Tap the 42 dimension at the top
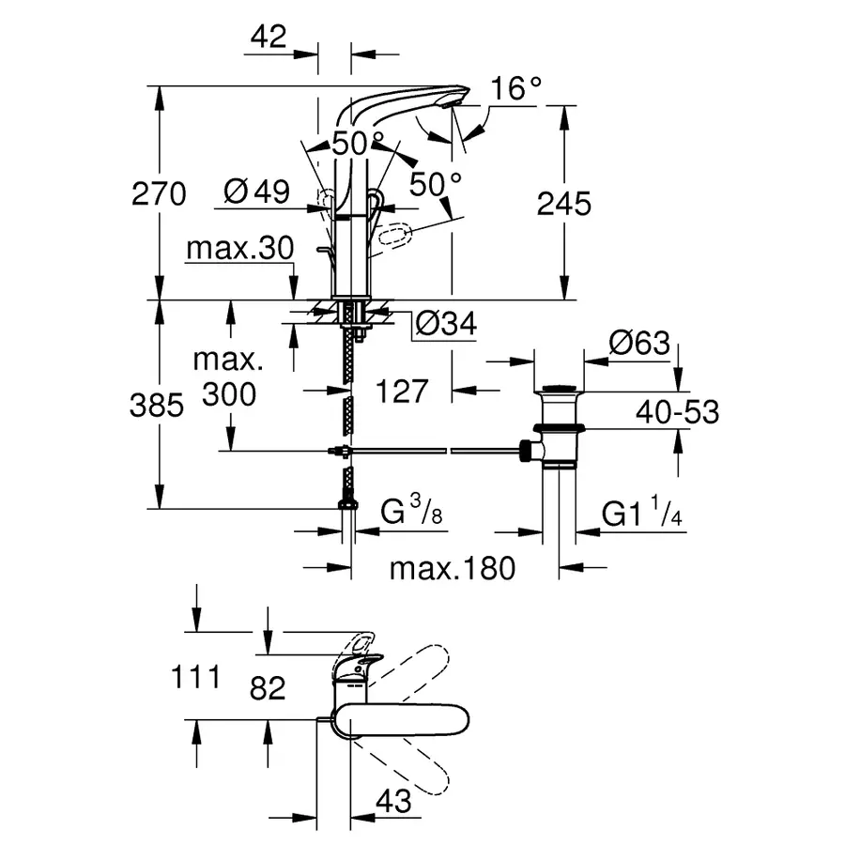[x=269, y=37]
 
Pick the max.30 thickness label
[x=240, y=248]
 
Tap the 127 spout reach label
[x=402, y=391]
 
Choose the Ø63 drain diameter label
[x=638, y=343]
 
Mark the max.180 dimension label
[x=453, y=568]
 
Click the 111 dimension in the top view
[x=196, y=676]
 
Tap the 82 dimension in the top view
[x=268, y=688]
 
